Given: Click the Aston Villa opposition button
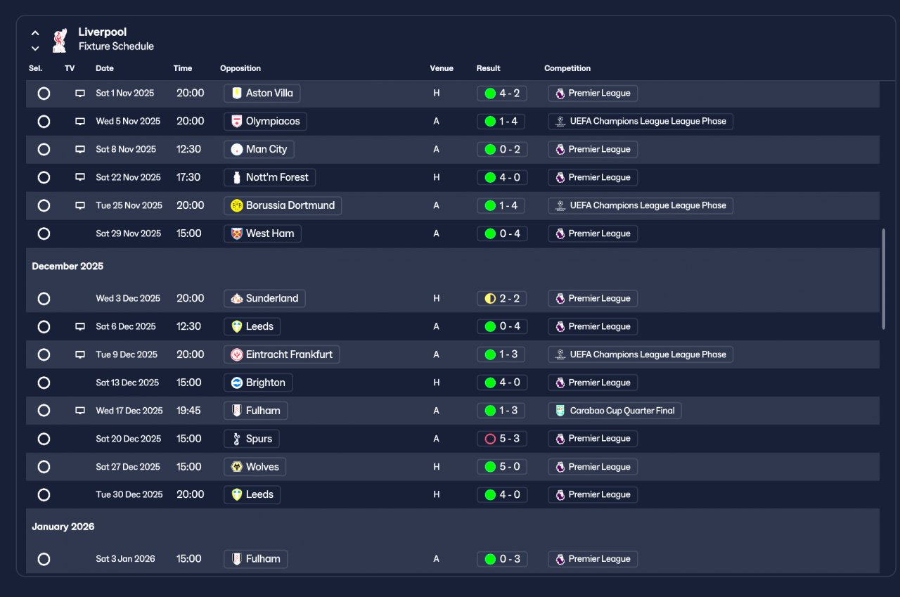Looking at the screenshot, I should (x=262, y=93).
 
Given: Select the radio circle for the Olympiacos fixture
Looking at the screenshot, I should (x=44, y=121).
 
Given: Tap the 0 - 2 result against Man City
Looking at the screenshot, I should (x=501, y=149).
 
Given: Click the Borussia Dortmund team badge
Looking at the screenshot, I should (x=237, y=205).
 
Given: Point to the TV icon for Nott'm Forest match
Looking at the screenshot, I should (x=80, y=177).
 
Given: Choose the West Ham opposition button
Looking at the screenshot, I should (x=262, y=233).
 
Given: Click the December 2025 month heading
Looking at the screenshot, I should (x=67, y=267).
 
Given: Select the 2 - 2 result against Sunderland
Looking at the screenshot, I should (x=501, y=298).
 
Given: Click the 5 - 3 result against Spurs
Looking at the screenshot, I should (x=501, y=439).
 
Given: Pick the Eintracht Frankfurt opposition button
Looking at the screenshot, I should (x=281, y=354).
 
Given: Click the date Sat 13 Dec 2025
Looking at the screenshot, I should (x=127, y=383).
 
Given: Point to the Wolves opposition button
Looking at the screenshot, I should (x=255, y=467).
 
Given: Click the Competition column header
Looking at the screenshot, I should (x=567, y=68).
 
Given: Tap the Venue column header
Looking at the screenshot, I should (x=442, y=68).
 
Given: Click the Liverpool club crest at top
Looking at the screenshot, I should (x=59, y=40).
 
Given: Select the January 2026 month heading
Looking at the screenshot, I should (x=63, y=527).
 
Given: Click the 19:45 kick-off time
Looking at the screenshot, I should (x=188, y=411).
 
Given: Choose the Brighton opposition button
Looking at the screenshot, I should (x=258, y=383).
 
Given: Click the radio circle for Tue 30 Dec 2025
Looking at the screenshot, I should (x=44, y=495).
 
